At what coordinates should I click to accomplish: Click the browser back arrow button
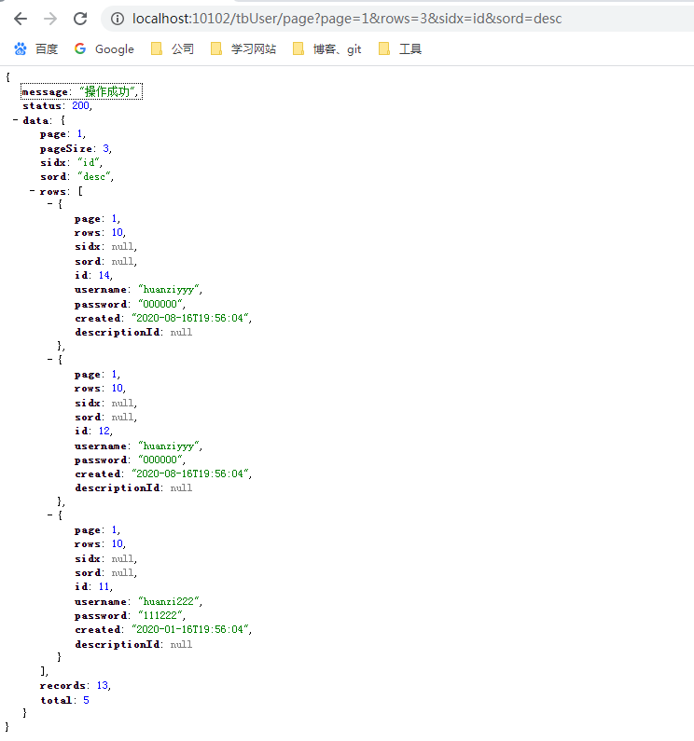21,19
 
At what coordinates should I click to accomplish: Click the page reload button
80,19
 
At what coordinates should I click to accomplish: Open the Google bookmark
104,48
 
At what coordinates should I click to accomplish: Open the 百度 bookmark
36,48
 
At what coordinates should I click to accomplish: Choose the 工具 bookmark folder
400,48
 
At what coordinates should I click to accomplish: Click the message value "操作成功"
109,92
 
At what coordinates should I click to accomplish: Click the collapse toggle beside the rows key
33,191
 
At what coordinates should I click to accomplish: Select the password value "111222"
161,615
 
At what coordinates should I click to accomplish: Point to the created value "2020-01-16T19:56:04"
194,629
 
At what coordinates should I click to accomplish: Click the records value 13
102,685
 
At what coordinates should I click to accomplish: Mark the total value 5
86,699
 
